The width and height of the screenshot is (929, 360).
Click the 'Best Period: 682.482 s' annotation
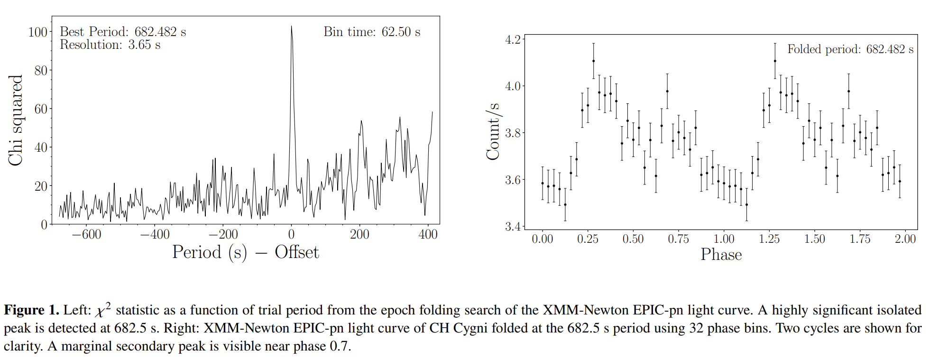122,32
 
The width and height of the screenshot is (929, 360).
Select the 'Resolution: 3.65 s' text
110,45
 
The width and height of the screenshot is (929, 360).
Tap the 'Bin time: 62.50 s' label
372,32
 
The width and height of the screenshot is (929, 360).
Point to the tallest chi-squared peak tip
291,27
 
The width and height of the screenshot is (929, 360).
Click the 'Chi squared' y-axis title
16,120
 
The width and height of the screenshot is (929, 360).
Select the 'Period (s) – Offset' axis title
245,252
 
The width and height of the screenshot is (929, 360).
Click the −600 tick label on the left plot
86,234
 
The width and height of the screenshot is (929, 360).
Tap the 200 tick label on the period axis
359,234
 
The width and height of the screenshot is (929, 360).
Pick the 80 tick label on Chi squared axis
41,71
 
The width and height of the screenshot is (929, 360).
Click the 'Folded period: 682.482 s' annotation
850,49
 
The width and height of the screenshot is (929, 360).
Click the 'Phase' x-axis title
721,255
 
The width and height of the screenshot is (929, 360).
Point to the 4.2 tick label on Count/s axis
513,39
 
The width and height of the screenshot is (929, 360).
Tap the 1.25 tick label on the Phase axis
769,239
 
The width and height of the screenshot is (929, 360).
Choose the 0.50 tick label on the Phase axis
633,239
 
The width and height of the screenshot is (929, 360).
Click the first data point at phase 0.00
543,183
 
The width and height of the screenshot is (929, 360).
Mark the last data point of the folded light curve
900,181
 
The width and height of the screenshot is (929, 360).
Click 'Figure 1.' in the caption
31,310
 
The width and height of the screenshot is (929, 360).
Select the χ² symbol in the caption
102,310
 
